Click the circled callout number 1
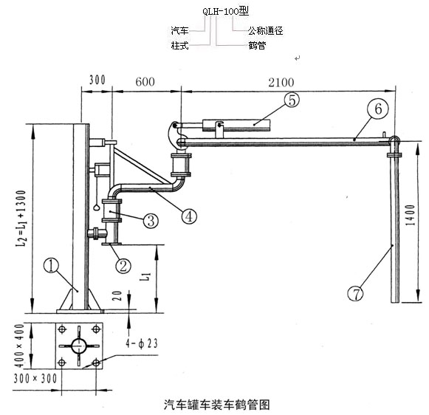[51, 266]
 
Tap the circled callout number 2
[123, 266]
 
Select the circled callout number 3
[151, 220]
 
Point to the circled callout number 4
[189, 216]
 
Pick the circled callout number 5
[292, 100]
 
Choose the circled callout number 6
[378, 109]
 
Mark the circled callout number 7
[355, 294]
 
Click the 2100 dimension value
[281, 83]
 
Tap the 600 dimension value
[145, 81]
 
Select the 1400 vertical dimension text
[411, 215]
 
